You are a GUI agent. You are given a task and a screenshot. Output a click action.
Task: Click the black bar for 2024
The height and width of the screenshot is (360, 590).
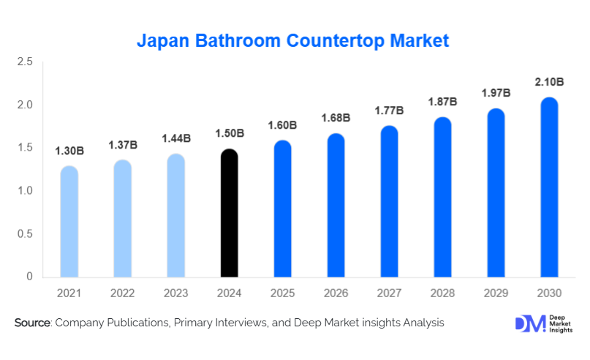[x=230, y=214]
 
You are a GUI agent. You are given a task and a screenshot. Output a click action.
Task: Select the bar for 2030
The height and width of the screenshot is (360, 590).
[x=549, y=188]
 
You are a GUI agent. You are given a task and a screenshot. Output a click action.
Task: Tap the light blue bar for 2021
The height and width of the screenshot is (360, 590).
[x=69, y=222]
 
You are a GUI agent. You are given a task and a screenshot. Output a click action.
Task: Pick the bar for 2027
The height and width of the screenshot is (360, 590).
[x=390, y=202]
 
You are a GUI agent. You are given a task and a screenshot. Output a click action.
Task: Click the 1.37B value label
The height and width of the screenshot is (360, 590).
[x=123, y=146]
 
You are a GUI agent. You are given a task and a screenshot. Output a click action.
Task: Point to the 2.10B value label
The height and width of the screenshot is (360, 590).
[x=549, y=83]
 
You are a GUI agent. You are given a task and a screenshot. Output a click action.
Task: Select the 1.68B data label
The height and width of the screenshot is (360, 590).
[x=336, y=118]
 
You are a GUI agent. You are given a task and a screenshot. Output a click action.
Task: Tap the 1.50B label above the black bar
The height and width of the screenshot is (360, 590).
[x=230, y=133]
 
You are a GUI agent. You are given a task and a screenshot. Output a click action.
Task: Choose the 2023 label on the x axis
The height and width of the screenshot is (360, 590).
[x=176, y=293]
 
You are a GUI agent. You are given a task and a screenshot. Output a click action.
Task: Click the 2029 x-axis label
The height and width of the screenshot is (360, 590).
[x=496, y=293]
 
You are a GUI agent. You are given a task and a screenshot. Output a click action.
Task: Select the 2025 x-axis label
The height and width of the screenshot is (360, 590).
[x=283, y=293]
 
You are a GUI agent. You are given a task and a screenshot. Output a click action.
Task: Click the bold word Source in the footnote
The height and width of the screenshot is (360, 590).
[x=31, y=323]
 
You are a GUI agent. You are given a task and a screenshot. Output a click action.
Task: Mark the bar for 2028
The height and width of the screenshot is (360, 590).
[x=443, y=198]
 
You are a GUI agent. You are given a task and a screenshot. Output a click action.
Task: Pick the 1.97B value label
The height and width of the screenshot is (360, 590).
[x=496, y=93]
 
